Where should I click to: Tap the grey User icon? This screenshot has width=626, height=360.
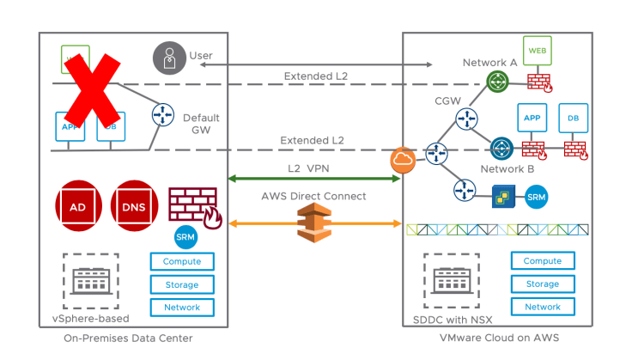click(x=167, y=57)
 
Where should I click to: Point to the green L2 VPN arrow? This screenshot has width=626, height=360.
click(x=313, y=178)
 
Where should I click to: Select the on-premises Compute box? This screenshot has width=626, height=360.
click(x=182, y=261)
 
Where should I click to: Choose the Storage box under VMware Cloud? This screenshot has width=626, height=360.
click(x=543, y=284)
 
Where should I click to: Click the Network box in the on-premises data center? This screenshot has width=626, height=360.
click(x=182, y=307)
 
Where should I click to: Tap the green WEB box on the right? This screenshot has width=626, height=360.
click(x=538, y=51)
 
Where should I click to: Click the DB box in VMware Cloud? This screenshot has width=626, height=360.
click(x=573, y=118)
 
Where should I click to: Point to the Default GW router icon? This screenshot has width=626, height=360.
click(x=163, y=115)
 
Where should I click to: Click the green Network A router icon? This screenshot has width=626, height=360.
click(x=497, y=81)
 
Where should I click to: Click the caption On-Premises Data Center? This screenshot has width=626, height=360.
click(x=128, y=338)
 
